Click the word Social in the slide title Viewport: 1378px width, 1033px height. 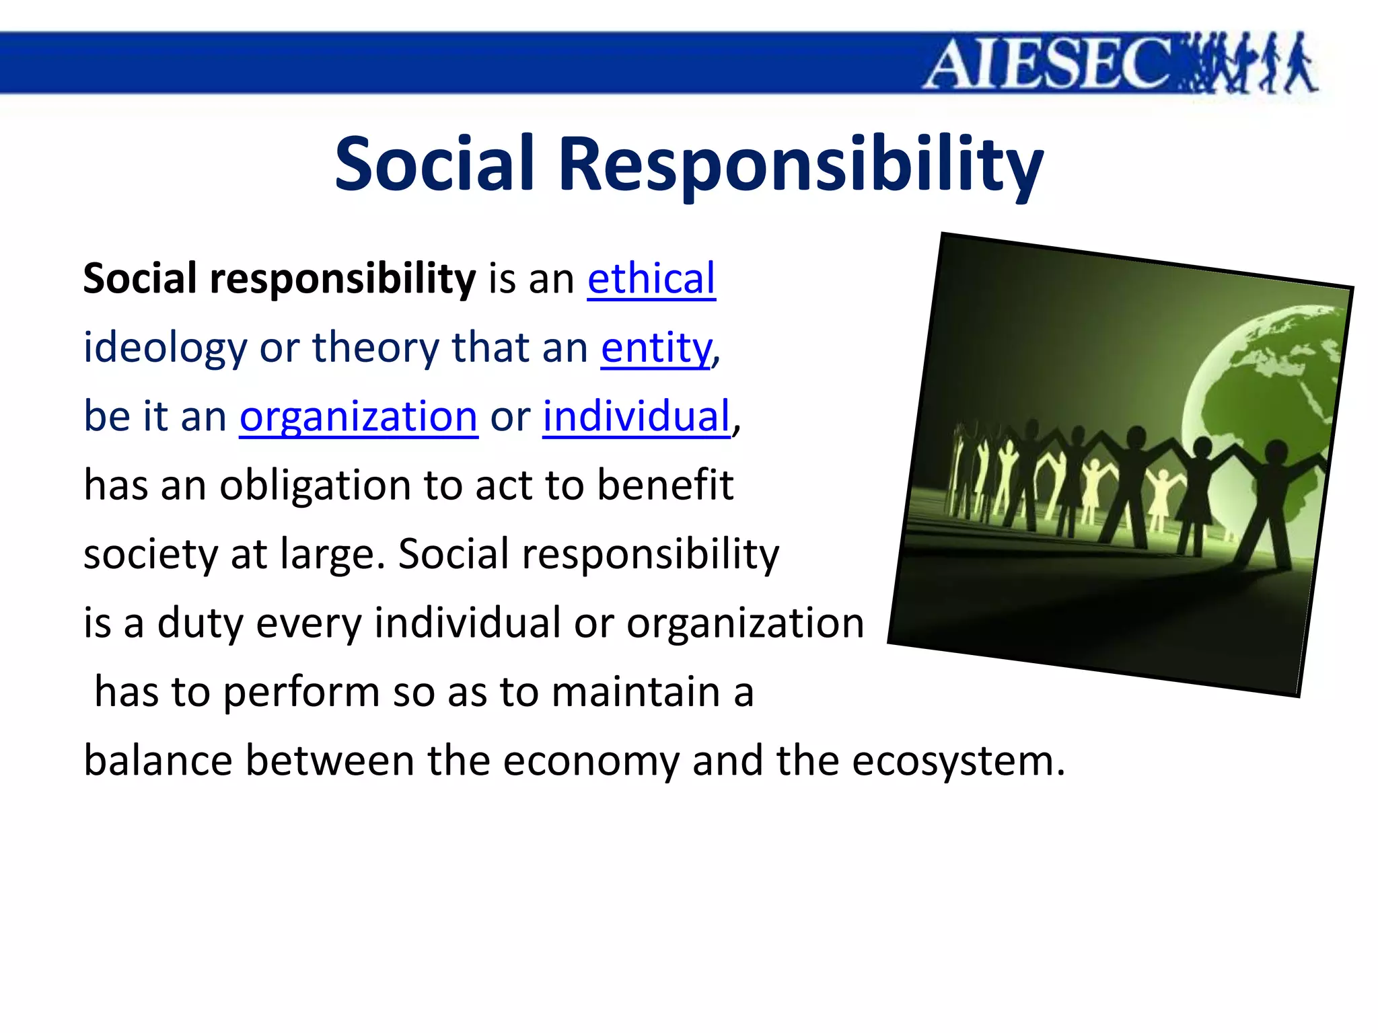pos(435,163)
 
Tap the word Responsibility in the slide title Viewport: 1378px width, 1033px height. pos(801,163)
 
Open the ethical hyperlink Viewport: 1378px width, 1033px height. pos(651,278)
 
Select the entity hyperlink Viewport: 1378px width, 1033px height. pos(656,348)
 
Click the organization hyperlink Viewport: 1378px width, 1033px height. pos(359,416)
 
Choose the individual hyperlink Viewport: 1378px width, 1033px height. pos(636,416)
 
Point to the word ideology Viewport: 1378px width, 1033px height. pos(166,348)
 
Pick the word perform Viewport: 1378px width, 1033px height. pos(301,692)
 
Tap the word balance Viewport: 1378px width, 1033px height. pos(158,761)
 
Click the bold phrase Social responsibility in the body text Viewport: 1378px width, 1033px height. pos(279,278)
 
